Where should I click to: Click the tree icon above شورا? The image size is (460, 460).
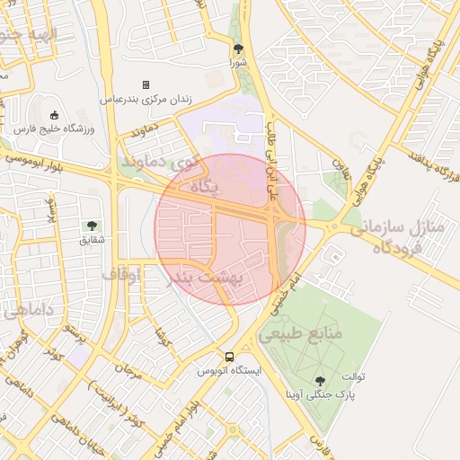click(238, 49)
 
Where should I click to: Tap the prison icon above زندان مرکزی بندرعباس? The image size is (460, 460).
click(146, 84)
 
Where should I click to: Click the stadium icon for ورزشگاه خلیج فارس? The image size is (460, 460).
click(55, 115)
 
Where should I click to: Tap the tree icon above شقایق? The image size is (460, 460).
click(92, 226)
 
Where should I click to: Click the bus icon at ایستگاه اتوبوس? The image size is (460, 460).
click(231, 356)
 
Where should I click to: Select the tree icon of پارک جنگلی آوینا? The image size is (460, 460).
click(320, 381)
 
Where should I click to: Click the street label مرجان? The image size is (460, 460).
click(131, 368)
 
